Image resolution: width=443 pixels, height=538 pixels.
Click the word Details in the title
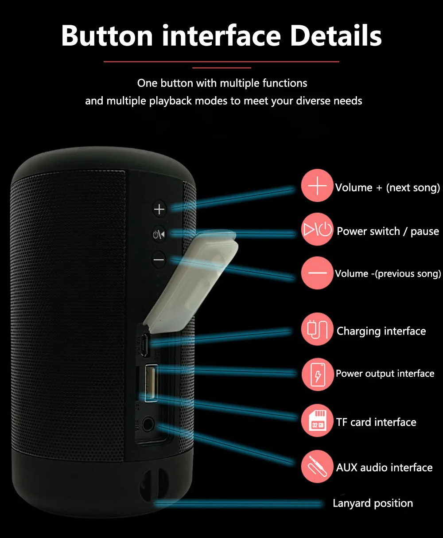pyautogui.click(x=336, y=36)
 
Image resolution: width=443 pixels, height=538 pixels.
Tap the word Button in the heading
pyautogui.click(x=107, y=36)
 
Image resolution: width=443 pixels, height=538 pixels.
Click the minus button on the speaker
pyautogui.click(x=159, y=259)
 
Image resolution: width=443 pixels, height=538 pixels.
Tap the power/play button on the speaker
pyautogui.click(x=159, y=234)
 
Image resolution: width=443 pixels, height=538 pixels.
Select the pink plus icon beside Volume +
pyautogui.click(x=317, y=186)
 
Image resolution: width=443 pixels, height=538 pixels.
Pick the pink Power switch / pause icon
pyautogui.click(x=317, y=229)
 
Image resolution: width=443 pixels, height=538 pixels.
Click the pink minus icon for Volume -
pyautogui.click(x=317, y=273)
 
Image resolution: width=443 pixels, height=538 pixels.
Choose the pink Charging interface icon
pyautogui.click(x=317, y=329)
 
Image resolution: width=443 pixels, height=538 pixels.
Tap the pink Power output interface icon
pyautogui.click(x=317, y=374)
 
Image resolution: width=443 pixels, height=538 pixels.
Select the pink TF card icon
pyautogui.click(x=317, y=420)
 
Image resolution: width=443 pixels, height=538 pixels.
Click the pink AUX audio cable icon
pyautogui.click(x=317, y=466)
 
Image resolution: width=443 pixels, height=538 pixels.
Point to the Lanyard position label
pyautogui.click(x=373, y=504)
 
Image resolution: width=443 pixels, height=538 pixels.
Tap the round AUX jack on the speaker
pyautogui.click(x=148, y=424)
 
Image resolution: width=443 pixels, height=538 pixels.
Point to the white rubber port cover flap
pyautogui.click(x=190, y=281)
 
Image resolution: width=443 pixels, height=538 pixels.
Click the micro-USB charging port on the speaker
pyautogui.click(x=145, y=345)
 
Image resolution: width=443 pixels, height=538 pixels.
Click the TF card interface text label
pyautogui.click(x=376, y=422)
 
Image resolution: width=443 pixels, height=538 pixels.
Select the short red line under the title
pyautogui.click(x=221, y=68)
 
